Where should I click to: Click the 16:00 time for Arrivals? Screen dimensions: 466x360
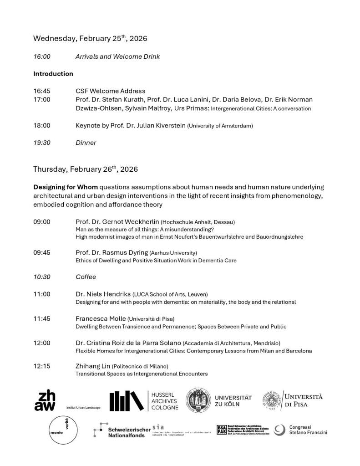[41, 57]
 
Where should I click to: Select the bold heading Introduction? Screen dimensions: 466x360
[53, 74]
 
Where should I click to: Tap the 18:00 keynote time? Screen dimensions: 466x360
[41, 125]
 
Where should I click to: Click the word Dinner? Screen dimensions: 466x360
[86, 143]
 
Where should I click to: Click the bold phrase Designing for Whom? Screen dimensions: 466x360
[66, 187]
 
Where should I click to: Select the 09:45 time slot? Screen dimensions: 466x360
[41, 252]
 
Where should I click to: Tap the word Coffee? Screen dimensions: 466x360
[86, 277]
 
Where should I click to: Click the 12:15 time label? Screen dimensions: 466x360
[41, 366]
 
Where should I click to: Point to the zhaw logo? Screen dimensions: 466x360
[45, 400]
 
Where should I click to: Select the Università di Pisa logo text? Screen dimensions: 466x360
[304, 400]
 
